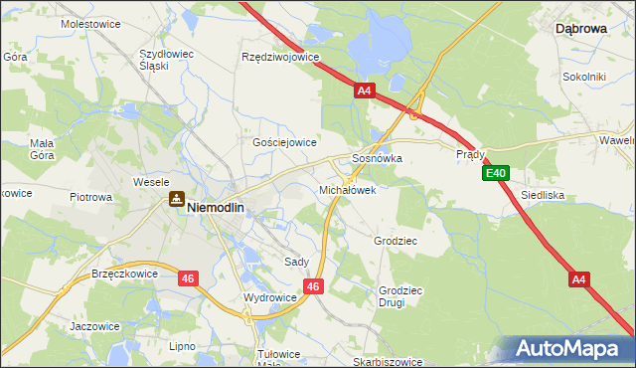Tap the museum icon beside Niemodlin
point(176,200)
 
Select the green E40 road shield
point(497,174)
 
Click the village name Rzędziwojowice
point(280,57)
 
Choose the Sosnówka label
point(377,158)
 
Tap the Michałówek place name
point(347,189)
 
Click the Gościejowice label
point(284,142)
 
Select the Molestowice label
point(89,23)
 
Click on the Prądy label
point(470,155)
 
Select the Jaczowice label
point(94,325)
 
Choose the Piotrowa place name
point(90,197)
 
